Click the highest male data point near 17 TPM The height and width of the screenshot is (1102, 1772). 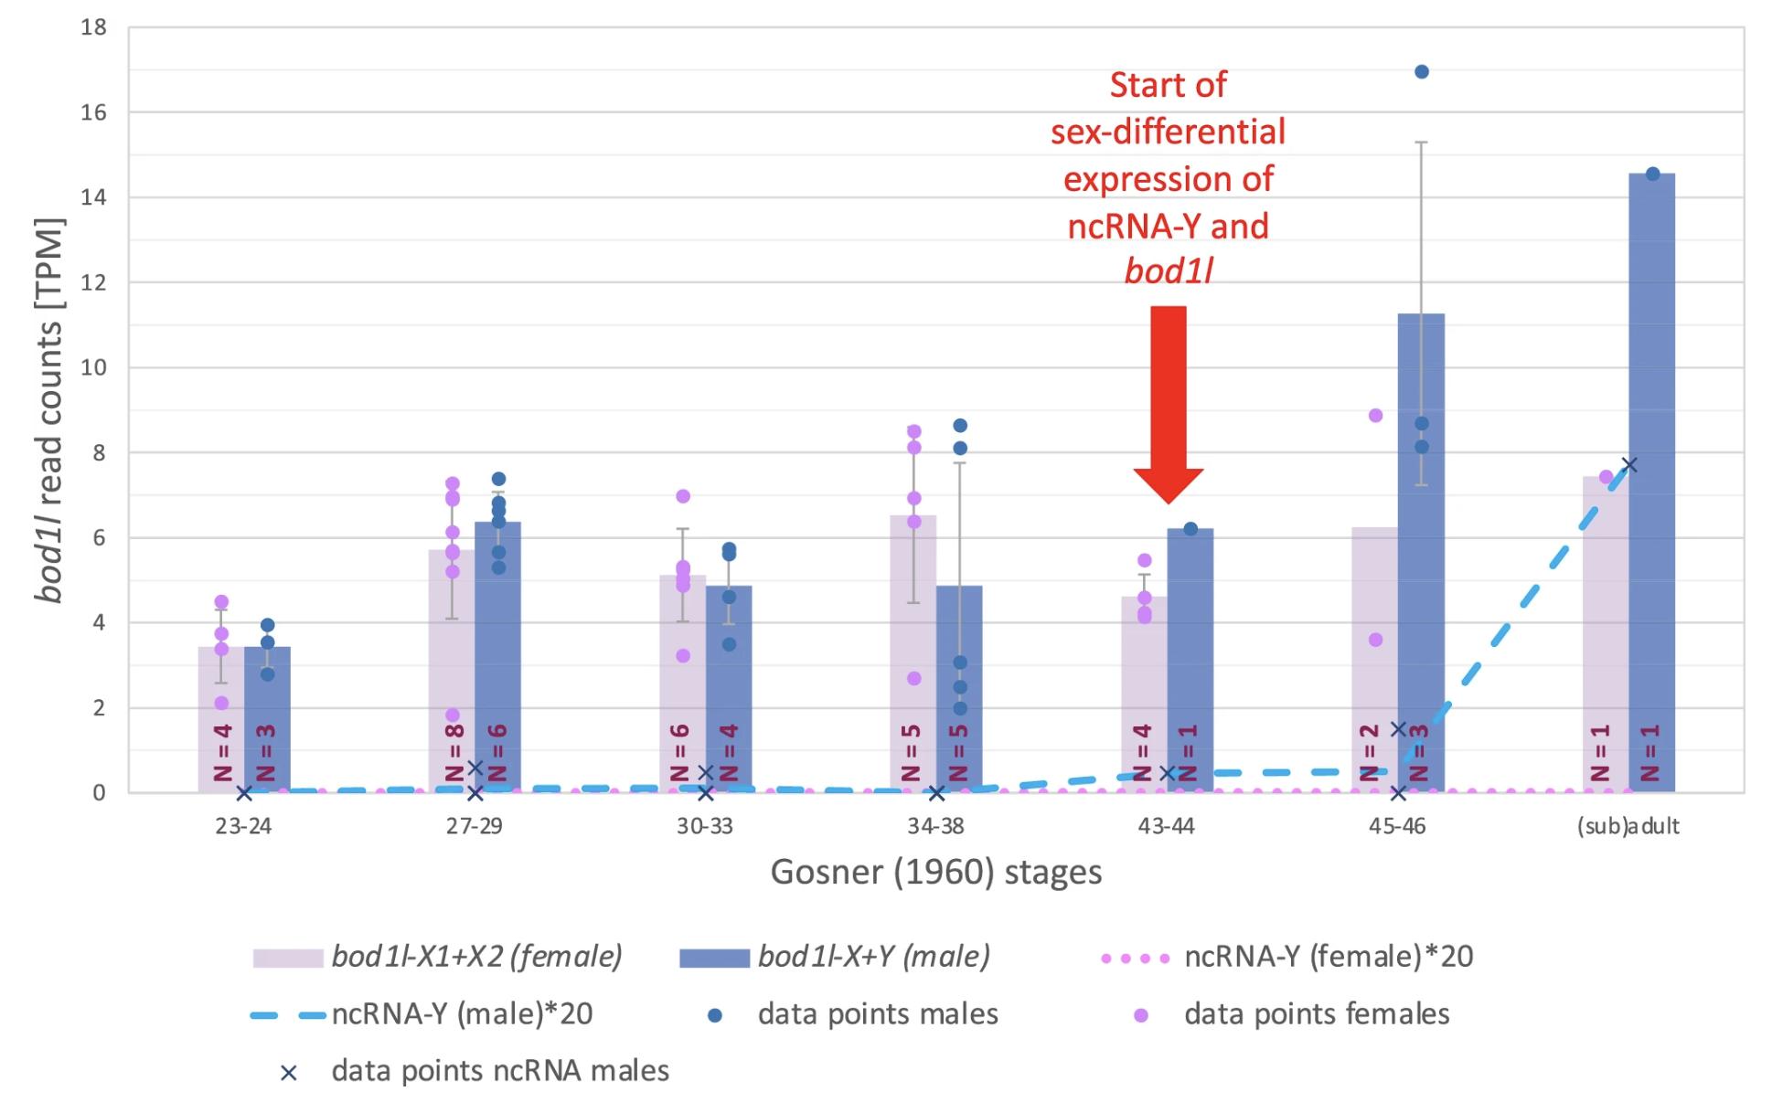[x=1422, y=72]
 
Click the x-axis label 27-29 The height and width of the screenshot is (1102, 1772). [x=474, y=826]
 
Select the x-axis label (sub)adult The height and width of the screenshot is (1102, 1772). [x=1628, y=826]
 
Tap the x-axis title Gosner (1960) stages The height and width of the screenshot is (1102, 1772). [x=935, y=872]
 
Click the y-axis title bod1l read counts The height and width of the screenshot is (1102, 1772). [x=49, y=411]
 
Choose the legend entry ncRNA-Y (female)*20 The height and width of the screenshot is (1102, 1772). [x=1328, y=957]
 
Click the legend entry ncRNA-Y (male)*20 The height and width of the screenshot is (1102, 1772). [x=462, y=1014]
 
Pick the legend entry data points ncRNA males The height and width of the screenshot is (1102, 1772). [x=499, y=1071]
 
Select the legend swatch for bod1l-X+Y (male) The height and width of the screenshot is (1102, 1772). [x=714, y=958]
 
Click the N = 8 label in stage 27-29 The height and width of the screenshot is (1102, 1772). [x=454, y=753]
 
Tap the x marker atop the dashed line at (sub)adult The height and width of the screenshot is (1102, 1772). [x=1628, y=465]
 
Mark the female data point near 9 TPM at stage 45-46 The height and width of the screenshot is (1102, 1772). [x=1375, y=416]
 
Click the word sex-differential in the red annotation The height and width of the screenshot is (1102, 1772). [x=1168, y=132]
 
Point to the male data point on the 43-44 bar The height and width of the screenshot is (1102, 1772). [x=1190, y=529]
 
